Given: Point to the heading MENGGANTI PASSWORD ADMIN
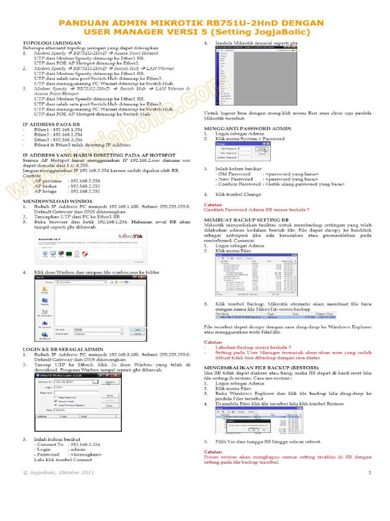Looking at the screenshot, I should pos(247,128).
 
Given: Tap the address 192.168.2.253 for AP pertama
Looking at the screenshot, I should pos(84,181).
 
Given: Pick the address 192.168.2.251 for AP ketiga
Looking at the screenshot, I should pos(84,191).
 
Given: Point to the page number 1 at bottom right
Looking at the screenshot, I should pos(370,473).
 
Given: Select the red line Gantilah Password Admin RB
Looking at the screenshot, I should pos(256,209).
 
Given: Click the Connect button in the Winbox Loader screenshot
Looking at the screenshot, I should pos(110,382).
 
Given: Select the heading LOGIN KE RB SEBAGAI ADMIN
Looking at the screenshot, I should pos(63,350).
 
